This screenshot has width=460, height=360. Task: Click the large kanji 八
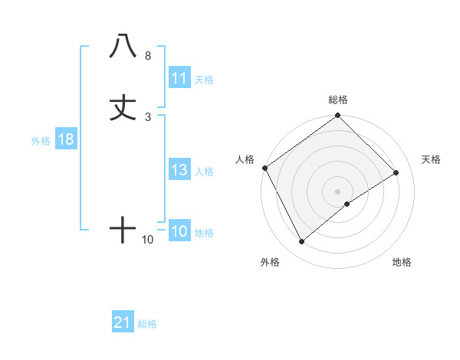pos(123,46)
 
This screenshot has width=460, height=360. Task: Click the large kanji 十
pos(123,229)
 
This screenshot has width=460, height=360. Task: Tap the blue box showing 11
pos(179,78)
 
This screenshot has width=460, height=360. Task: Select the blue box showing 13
pos(179,170)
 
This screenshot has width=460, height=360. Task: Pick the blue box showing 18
pos(65,140)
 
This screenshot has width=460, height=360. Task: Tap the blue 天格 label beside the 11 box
pos(204,79)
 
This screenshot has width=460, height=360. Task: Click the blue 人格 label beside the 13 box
pos(204,171)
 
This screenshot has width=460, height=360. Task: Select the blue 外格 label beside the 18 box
pos(40,141)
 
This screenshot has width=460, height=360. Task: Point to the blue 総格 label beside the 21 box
pos(147,324)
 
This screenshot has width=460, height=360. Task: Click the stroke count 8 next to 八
pos(147,56)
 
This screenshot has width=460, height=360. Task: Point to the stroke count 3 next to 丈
pos(147,117)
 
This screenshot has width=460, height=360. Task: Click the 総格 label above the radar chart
pos(338,100)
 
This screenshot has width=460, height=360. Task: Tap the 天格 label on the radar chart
pos(432,159)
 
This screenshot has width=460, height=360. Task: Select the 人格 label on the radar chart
pos(245,159)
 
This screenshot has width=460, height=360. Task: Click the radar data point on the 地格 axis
pos(347,204)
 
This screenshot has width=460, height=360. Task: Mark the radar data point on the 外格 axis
pos(301,242)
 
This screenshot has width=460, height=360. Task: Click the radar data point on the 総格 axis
pos(338,116)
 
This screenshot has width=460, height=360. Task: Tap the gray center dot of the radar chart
pos(338,191)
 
